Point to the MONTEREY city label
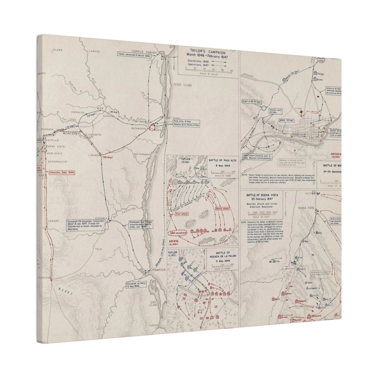click(x=70, y=133)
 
